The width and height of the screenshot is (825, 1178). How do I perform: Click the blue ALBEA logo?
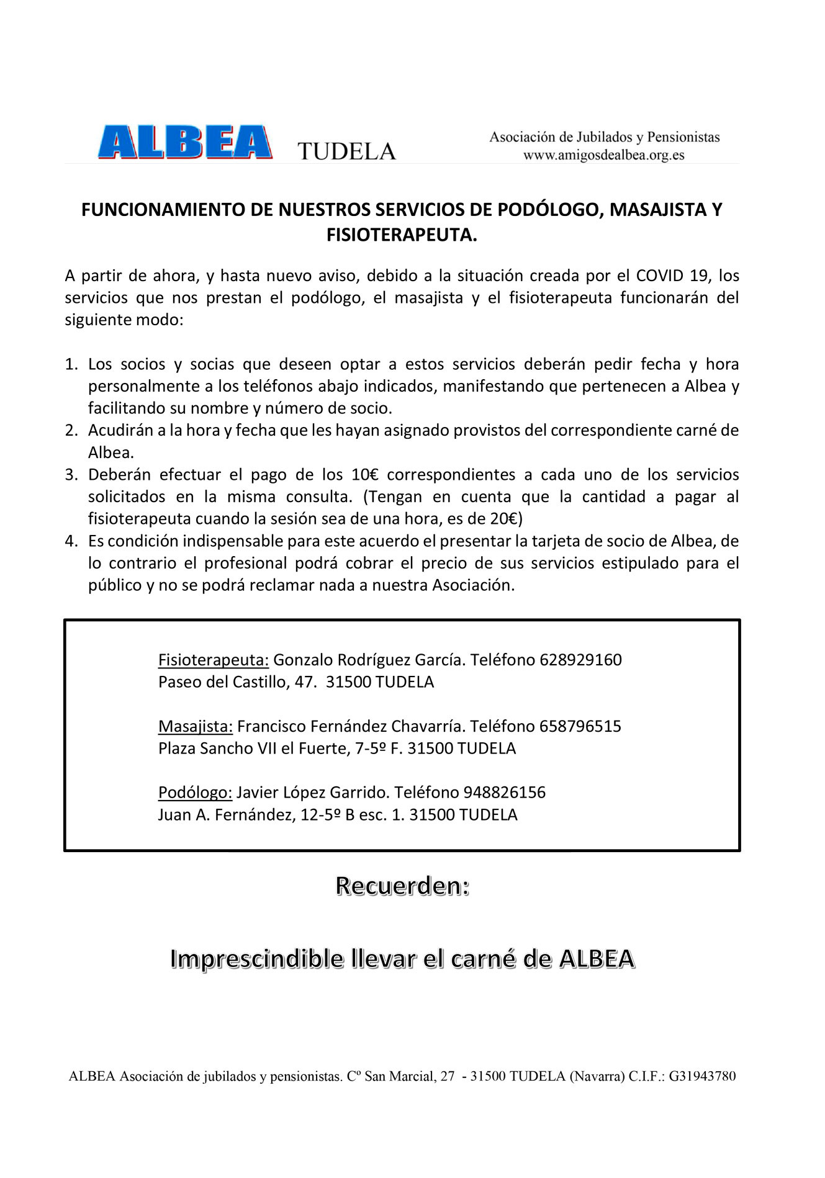(185, 142)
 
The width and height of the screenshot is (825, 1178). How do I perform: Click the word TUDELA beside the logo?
(346, 151)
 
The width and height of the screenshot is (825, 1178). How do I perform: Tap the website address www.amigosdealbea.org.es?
(603, 155)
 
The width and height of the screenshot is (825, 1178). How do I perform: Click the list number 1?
(71, 364)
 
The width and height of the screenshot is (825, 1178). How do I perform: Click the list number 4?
(71, 541)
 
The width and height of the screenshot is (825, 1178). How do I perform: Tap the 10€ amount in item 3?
(364, 475)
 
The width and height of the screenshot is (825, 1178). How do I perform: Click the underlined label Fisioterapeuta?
(213, 659)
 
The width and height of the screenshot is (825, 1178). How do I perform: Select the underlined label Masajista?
(195, 726)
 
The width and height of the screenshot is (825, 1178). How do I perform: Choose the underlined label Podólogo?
(195, 792)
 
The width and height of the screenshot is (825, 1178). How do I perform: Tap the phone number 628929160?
(580, 659)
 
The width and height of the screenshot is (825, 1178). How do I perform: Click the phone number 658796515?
(580, 726)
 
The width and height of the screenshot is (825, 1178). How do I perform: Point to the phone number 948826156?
(504, 792)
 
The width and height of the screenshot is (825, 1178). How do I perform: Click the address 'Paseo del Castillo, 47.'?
(233, 681)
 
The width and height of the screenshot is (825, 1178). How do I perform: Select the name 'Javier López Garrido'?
(312, 792)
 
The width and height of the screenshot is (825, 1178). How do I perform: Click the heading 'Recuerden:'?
(402, 886)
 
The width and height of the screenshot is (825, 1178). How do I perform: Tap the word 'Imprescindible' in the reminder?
(257, 959)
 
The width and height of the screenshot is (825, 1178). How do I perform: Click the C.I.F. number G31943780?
(702, 1076)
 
